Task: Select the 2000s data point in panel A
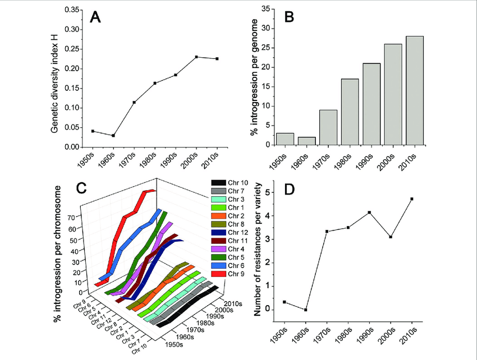[196, 57]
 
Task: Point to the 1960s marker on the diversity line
[113, 136]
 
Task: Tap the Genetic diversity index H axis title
[54, 78]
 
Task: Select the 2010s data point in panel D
[411, 199]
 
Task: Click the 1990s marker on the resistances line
[369, 213]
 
